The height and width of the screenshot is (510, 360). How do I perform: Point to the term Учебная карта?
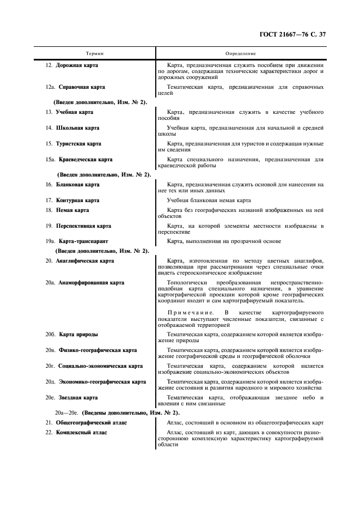click(x=75, y=112)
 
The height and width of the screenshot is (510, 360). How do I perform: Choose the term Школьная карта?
click(x=77, y=128)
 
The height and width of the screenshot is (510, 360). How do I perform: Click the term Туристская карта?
click(x=78, y=144)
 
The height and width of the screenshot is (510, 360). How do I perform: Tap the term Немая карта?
click(x=72, y=210)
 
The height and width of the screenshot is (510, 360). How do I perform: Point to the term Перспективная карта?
click(x=83, y=226)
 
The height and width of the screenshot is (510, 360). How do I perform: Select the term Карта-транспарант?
click(x=84, y=241)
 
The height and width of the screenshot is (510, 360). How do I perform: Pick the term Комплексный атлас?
click(x=81, y=433)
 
